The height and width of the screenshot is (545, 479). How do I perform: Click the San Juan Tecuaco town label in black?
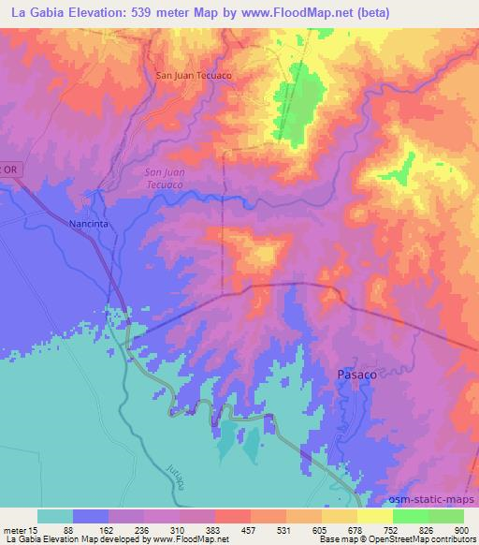[x=192, y=76]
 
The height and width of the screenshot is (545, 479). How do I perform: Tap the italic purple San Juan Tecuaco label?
[x=169, y=178]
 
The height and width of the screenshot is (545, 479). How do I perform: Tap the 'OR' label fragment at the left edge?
[x=8, y=169]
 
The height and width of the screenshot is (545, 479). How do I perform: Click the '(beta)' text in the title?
[x=368, y=12]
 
